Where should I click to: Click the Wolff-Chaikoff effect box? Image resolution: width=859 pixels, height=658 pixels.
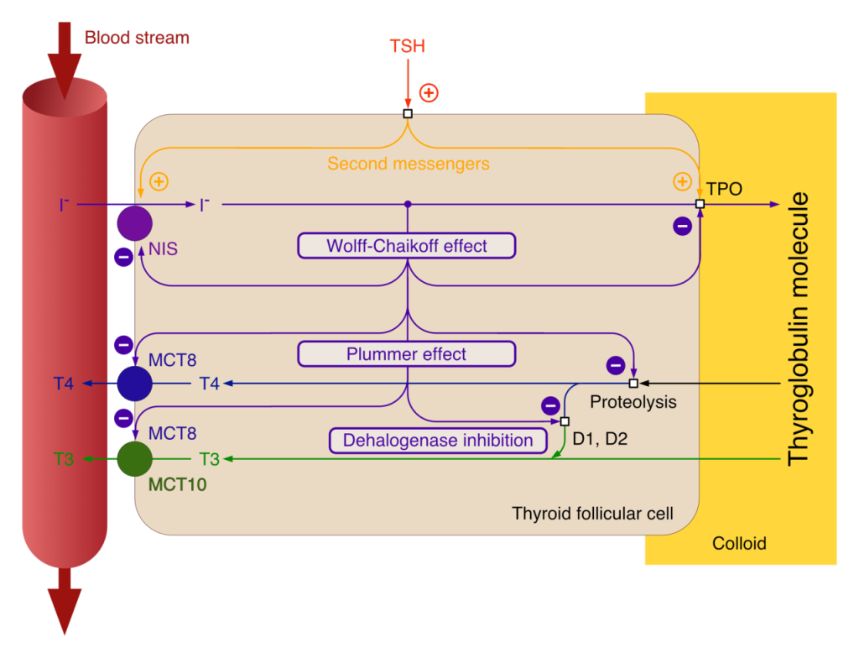coord(407,246)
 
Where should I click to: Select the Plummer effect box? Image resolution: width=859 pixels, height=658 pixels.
coord(407,354)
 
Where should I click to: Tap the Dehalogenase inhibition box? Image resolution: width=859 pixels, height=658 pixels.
coord(438,441)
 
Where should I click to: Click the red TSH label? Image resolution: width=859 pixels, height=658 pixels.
coord(407,46)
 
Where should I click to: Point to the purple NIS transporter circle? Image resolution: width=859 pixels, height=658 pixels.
coord(135,223)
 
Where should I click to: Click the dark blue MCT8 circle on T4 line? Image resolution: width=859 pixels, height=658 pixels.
coord(135,384)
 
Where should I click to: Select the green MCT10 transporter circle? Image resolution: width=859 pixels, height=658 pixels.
coord(135,459)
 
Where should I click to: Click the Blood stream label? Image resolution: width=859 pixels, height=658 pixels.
coord(137,38)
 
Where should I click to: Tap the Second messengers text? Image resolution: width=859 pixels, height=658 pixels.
coord(409,164)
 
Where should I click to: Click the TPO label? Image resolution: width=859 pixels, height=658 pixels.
coord(724,189)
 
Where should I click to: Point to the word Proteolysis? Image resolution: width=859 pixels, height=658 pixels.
coord(633,402)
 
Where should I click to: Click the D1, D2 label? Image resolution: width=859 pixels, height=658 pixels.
coord(600,439)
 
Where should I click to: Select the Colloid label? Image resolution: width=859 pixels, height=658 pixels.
coord(739,543)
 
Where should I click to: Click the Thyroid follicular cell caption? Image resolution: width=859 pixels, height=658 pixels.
coord(593,514)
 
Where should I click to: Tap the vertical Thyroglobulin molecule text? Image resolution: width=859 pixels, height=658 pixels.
coord(798,329)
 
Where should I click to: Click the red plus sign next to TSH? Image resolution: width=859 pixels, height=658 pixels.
coord(429,92)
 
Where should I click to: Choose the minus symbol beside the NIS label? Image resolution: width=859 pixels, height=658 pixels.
coord(124,257)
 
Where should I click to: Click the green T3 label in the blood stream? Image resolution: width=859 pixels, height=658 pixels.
coord(64,459)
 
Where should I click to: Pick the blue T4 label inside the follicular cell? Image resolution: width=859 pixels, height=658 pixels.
coord(209,384)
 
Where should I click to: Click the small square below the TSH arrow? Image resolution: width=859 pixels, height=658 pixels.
coord(408,113)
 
